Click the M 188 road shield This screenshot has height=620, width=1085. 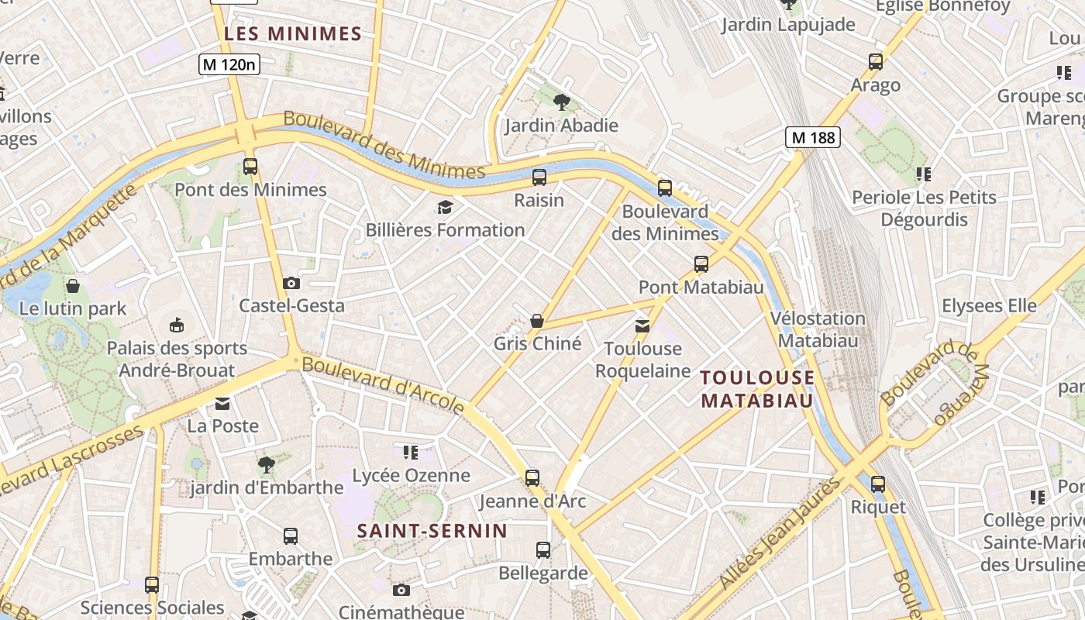[x=812, y=138]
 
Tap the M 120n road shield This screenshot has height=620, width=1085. [x=229, y=64]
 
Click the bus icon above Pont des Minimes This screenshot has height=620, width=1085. [x=250, y=166]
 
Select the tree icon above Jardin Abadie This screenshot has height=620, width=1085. [x=562, y=101]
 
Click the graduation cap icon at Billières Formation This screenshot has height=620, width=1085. [x=445, y=207]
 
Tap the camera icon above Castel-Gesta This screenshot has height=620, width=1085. [x=291, y=283]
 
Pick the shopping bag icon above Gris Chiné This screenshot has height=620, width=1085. [x=536, y=320]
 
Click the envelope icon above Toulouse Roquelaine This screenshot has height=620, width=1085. [x=642, y=325]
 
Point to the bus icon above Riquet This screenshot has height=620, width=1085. [x=877, y=484]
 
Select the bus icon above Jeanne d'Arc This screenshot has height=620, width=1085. [x=532, y=477]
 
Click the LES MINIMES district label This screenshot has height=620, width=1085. [x=293, y=34]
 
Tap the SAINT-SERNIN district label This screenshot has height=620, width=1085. [x=432, y=531]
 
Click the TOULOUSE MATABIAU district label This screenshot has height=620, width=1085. [x=757, y=389]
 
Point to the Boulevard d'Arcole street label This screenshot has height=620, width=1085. [x=384, y=385]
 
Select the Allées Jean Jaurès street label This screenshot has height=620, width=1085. [x=780, y=533]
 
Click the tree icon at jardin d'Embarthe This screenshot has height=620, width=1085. [x=266, y=465]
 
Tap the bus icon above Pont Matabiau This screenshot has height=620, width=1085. [x=701, y=264]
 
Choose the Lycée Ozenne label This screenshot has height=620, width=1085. [x=411, y=475]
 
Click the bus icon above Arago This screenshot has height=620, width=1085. [x=876, y=62]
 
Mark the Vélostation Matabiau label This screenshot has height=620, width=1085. [x=818, y=329]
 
